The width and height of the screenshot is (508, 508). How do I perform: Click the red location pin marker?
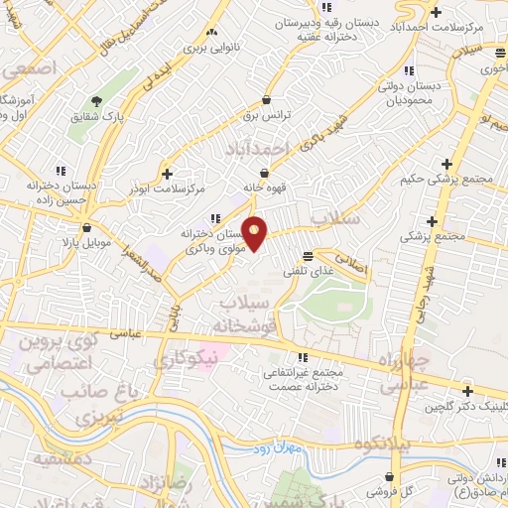click(255, 232)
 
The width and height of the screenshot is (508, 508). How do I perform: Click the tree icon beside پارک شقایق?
click(96, 101)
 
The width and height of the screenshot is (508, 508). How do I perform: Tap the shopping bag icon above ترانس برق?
click(268, 98)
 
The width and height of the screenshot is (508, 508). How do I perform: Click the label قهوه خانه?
click(262, 188)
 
